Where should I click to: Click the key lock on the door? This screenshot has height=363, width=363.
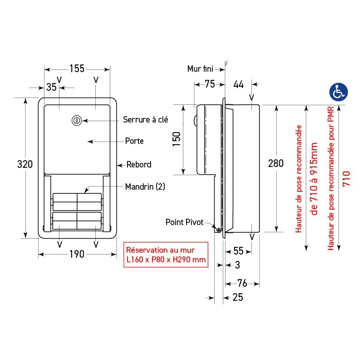pos(76,121)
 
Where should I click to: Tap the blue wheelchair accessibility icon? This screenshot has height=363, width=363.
pos(338,92)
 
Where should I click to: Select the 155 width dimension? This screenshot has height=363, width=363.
pos(77,69)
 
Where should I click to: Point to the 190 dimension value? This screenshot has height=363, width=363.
pos(77,254)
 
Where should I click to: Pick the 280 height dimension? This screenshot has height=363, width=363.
pos(276,163)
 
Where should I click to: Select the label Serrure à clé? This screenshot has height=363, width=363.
pos(145,120)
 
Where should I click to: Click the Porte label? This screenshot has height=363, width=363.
pos(134,141)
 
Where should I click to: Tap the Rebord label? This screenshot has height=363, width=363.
pos(139,165)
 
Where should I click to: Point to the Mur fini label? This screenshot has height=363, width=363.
pos(200,69)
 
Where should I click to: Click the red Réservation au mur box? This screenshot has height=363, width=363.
pos(166,255)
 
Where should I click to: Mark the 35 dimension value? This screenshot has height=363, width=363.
pos(51,87)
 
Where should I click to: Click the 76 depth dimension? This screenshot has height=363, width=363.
pos(242,284)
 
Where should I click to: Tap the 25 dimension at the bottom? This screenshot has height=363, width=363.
pos(238,298)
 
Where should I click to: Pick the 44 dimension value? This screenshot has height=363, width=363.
pos(239,84)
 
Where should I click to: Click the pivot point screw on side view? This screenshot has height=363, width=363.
pos(219,231)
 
